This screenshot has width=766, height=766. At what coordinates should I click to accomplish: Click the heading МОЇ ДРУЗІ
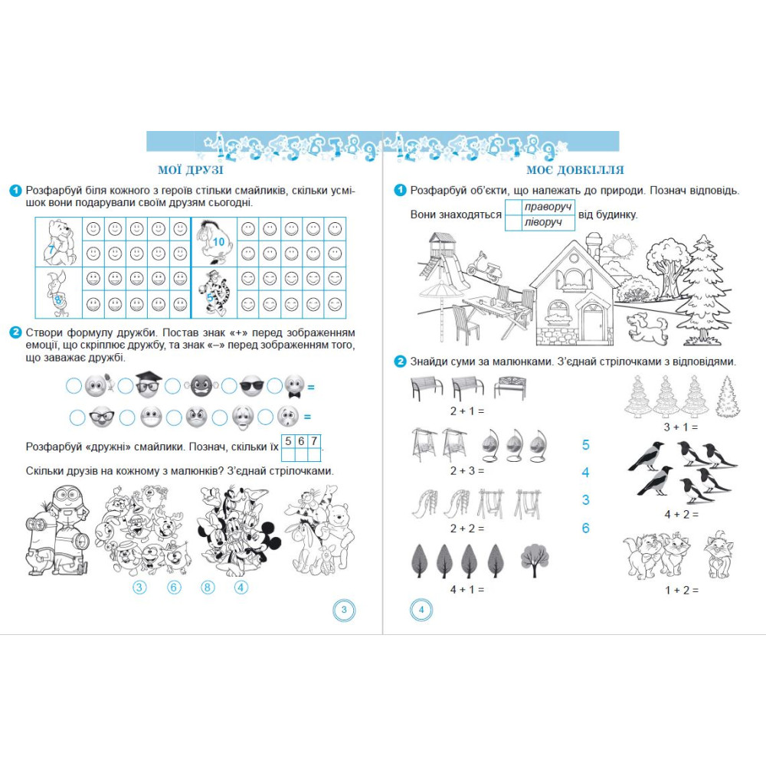(x=191, y=170)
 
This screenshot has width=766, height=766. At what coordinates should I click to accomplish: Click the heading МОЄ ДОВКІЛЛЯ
(x=575, y=170)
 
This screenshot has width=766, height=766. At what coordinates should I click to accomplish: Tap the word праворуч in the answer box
(x=548, y=207)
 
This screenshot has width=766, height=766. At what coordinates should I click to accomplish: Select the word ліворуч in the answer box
(x=543, y=223)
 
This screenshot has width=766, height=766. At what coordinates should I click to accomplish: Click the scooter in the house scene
(x=483, y=267)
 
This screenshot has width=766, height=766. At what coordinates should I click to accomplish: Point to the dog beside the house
(x=647, y=327)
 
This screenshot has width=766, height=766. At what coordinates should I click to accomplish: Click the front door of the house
(x=591, y=323)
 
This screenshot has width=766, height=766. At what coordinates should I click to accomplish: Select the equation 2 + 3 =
(x=467, y=471)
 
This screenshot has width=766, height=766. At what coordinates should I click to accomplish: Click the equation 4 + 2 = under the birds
(x=682, y=515)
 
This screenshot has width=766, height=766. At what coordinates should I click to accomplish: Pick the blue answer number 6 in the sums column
(x=586, y=528)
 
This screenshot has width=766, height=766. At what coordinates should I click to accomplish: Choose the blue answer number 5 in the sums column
(x=586, y=445)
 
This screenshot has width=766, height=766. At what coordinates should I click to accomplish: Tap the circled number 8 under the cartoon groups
(x=208, y=588)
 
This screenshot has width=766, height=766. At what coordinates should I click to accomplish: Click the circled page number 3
(x=344, y=610)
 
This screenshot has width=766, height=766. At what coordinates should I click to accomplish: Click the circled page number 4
(x=421, y=610)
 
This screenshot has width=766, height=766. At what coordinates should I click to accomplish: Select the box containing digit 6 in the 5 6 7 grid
(x=301, y=442)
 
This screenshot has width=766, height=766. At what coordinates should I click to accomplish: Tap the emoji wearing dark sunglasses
(x=251, y=386)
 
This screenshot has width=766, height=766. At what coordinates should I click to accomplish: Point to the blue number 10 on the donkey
(x=218, y=242)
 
